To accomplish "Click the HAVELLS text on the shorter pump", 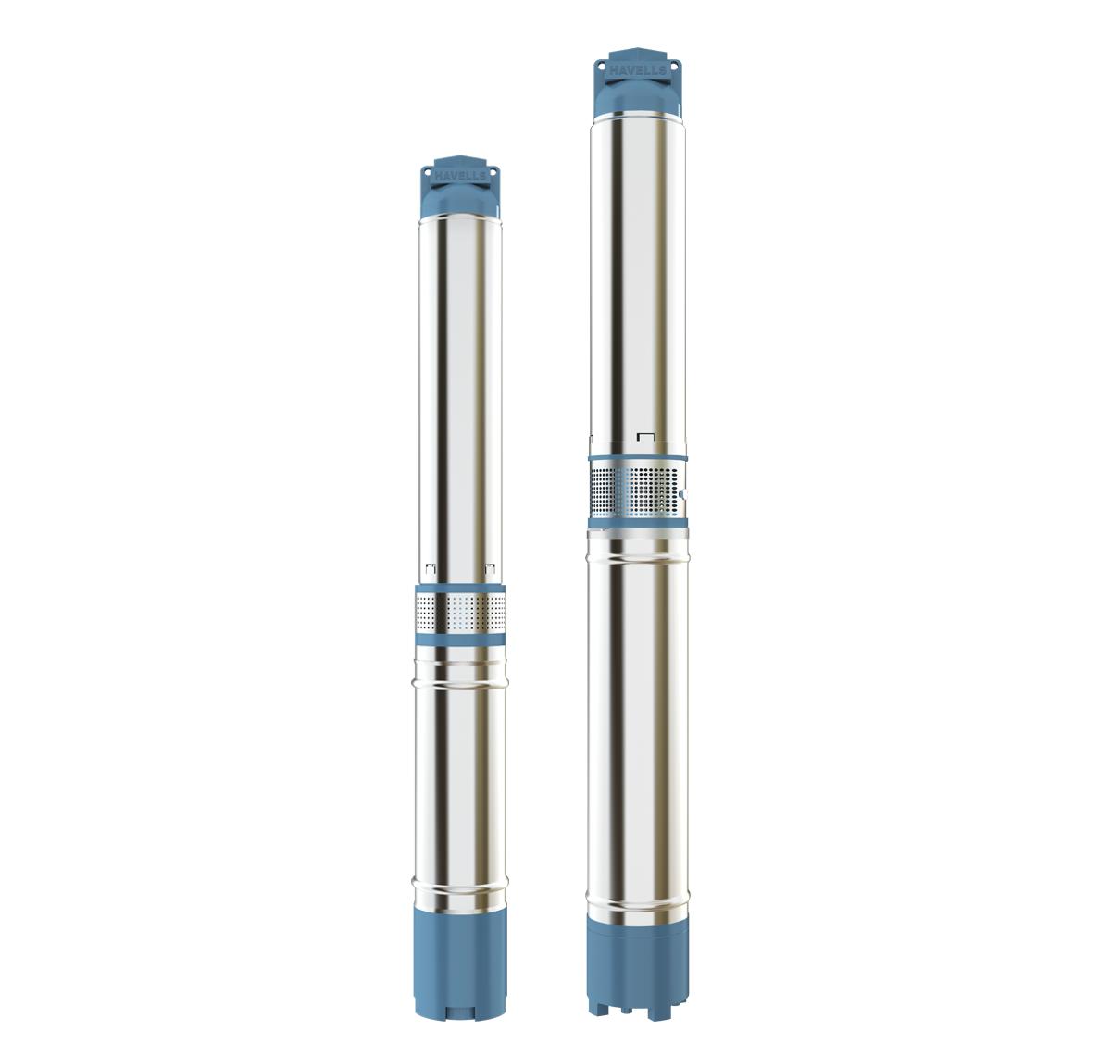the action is point(459,177).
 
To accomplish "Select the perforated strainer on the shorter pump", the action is point(460,614).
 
